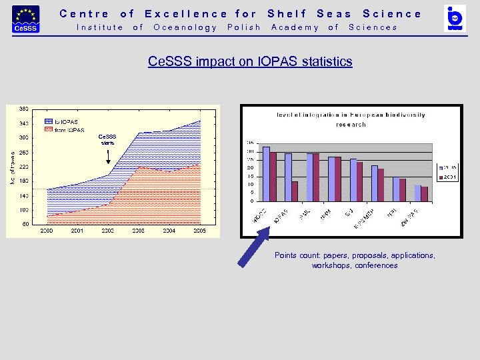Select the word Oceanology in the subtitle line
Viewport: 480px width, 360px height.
(x=185, y=27)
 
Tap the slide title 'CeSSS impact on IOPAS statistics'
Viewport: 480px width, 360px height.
(x=249, y=62)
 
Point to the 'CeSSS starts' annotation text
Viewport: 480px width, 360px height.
(x=108, y=139)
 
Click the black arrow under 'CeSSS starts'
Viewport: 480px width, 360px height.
(x=109, y=157)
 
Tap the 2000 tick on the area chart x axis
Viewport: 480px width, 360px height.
(x=47, y=231)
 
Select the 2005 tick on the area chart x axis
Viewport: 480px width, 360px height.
(x=200, y=231)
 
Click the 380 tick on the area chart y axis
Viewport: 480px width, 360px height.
(x=23, y=109)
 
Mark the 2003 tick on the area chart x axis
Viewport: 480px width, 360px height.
(x=139, y=231)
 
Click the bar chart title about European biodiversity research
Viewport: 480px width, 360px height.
(x=350, y=119)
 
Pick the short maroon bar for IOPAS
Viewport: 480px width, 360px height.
(x=295, y=191)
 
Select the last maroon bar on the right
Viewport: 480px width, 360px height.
(x=425, y=193)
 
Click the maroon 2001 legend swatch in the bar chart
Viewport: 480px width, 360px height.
(x=440, y=177)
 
